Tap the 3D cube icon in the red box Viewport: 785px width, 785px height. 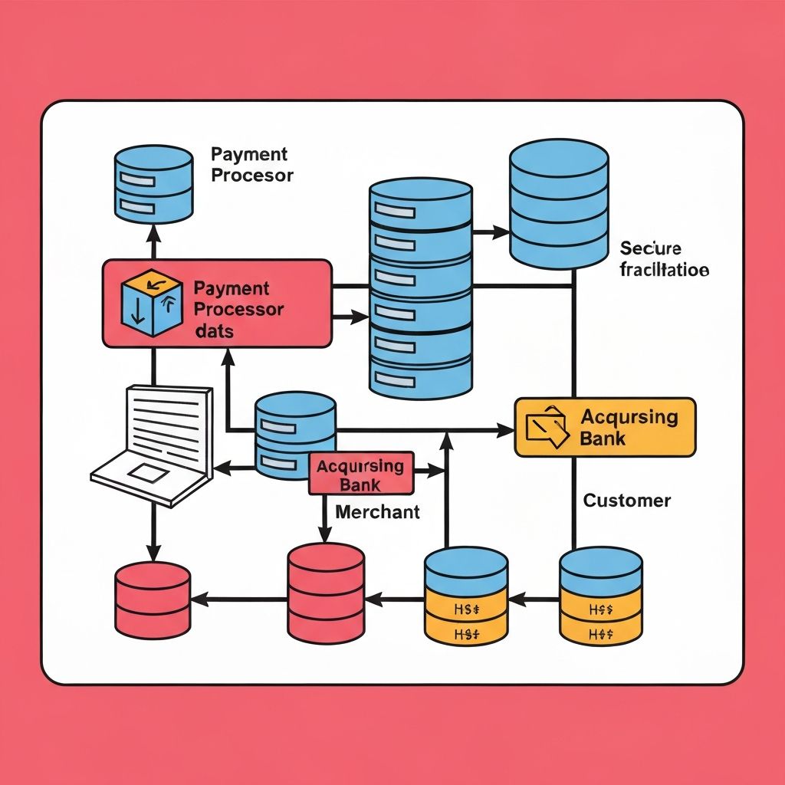[x=152, y=304]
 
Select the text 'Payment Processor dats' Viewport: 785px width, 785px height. [x=238, y=310]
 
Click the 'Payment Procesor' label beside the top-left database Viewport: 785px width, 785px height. [x=251, y=165]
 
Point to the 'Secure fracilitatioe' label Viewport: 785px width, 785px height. [x=664, y=259]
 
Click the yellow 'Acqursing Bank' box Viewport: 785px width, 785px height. [x=605, y=427]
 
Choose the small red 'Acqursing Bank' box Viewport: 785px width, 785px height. [x=361, y=473]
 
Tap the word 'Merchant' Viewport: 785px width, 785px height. [x=378, y=511]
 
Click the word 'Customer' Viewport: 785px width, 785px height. [x=627, y=501]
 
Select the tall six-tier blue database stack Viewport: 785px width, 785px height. [x=420, y=287]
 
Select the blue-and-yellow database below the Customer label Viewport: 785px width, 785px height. [x=601, y=596]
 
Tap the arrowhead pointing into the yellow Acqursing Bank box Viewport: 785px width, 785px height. [x=507, y=432]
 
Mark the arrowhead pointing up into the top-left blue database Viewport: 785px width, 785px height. [x=153, y=230]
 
